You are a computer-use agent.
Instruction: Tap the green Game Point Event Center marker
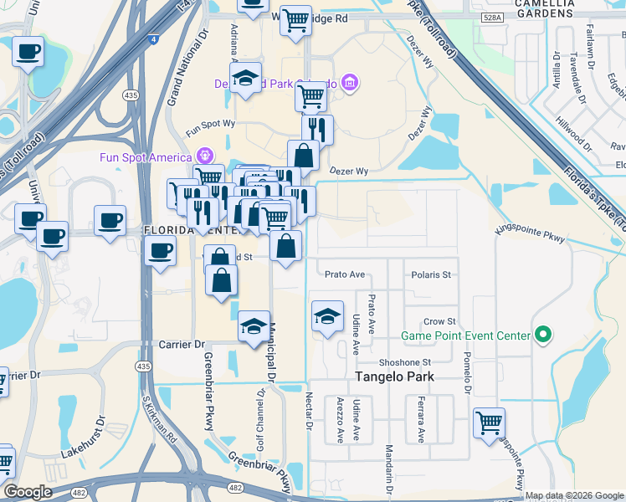[543, 336]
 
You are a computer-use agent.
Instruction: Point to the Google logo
[28, 492]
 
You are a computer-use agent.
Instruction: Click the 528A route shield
[493, 16]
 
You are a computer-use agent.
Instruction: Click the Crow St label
[439, 321]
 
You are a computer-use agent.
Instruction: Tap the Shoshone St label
[404, 362]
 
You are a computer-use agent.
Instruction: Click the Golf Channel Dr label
[261, 409]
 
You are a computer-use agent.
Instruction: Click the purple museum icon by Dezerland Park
[350, 83]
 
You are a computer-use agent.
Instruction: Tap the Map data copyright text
[574, 495]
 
